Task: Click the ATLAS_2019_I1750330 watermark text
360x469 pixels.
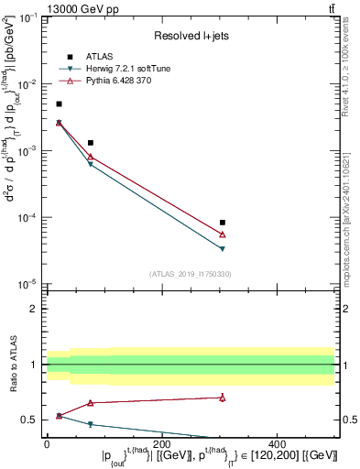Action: pyautogui.click(x=189, y=273)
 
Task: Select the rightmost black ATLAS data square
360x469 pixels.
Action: pyautogui.click(x=223, y=223)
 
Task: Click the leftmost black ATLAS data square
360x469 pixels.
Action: pyautogui.click(x=59, y=104)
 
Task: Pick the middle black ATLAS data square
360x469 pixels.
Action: pyautogui.click(x=90, y=143)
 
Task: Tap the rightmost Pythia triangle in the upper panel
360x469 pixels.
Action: pyautogui.click(x=223, y=234)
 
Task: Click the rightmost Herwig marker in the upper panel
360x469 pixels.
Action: pyautogui.click(x=223, y=248)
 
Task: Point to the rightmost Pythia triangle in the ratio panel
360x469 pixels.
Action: pyautogui.click(x=223, y=398)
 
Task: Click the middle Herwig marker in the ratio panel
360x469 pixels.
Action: pyautogui.click(x=90, y=424)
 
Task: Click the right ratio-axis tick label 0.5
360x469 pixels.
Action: pyautogui.click(x=349, y=420)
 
